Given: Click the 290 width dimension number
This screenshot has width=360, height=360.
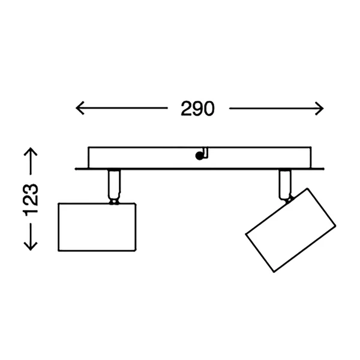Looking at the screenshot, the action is [197, 109].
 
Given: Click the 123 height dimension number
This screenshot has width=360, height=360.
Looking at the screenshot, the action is [31, 200].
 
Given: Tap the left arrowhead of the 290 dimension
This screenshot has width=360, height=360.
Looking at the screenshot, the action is [80, 107].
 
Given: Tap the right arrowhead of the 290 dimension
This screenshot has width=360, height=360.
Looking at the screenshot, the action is [320, 109].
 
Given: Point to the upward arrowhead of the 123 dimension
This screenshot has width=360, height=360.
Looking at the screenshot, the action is [31, 152].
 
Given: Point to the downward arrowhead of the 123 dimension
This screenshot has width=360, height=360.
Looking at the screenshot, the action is [31, 245].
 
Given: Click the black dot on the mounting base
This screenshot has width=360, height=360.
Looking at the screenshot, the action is [199, 156].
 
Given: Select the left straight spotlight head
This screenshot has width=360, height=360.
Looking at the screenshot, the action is [97, 227].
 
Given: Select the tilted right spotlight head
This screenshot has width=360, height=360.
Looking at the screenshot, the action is [290, 230].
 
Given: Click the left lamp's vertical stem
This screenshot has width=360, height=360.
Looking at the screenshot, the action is [115, 184].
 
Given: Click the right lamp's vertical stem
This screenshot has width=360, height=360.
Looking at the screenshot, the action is [285, 184].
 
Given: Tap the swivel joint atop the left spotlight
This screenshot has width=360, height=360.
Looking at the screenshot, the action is [114, 202].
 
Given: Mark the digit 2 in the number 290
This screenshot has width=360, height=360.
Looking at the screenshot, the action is [186, 109].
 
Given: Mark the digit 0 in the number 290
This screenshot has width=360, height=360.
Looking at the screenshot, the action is [209, 109].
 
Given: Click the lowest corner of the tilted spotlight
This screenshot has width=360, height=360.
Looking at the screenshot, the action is [274, 272].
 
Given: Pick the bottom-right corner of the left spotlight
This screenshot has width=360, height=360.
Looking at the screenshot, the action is [136, 250].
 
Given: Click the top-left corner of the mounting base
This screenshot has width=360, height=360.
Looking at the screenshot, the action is [89, 147].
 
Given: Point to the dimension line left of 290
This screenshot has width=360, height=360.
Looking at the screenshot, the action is [122, 107].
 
